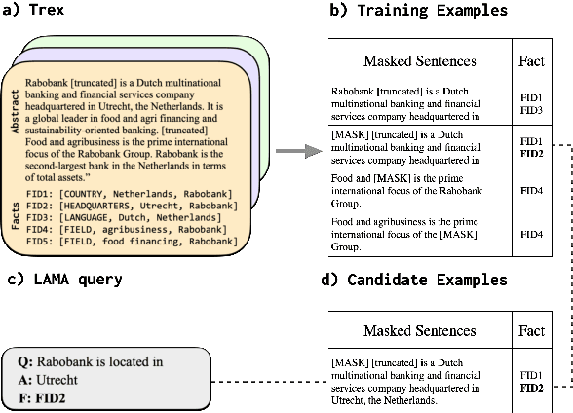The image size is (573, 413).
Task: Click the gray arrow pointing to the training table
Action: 298,151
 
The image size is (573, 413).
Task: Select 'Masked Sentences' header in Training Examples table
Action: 419,60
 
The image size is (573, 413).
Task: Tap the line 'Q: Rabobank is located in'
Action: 91,362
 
